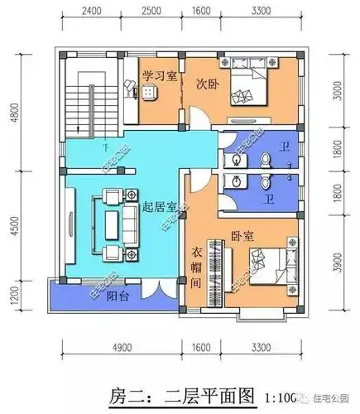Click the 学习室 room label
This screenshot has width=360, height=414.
[x=156, y=76]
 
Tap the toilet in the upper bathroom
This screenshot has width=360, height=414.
[x=264, y=156]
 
